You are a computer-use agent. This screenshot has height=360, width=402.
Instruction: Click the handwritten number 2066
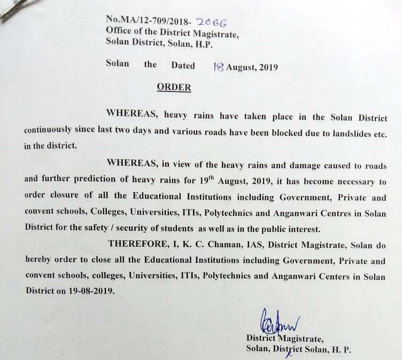click(x=211, y=22)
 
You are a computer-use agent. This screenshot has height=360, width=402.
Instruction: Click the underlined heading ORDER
click(x=174, y=87)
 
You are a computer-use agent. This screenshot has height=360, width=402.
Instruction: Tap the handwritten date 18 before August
click(x=218, y=67)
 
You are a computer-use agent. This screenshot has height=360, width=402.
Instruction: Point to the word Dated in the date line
click(x=183, y=65)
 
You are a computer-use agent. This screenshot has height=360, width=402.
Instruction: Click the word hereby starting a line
click(x=39, y=261)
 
